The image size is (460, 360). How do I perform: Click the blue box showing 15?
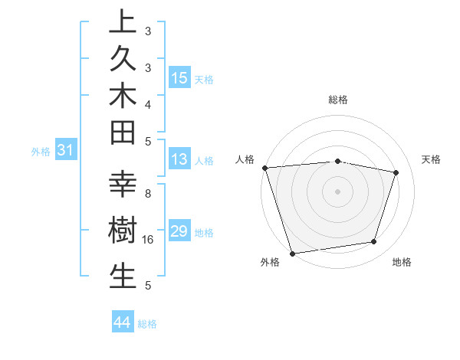point(179,77)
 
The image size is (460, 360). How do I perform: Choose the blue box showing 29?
point(179,231)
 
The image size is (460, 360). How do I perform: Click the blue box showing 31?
point(66,151)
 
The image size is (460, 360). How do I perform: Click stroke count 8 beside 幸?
point(148,194)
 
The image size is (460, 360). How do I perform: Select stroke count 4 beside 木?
point(148,103)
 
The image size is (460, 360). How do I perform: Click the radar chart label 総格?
point(337,100)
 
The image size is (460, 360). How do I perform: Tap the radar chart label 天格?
point(432,159)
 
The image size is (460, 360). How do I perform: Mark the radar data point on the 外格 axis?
point(293,253)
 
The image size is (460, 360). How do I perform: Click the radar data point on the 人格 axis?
point(264,168)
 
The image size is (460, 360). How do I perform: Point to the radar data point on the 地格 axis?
point(374,242)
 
